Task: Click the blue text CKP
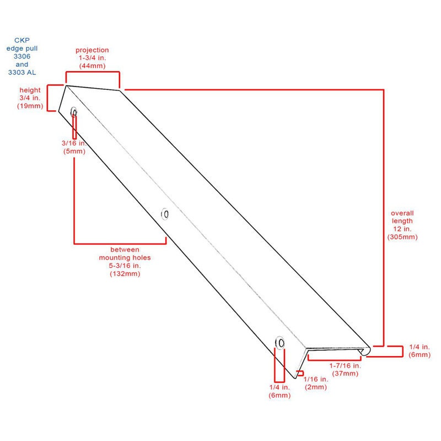tap(22, 40)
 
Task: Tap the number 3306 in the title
tap(22, 56)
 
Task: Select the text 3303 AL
tap(22, 72)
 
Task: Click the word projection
tap(92, 50)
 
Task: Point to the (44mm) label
tap(92, 66)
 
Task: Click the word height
tap(30, 90)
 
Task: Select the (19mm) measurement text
tap(30, 106)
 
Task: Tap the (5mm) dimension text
tap(74, 151)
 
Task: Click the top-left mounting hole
tap(74, 112)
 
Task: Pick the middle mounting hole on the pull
tap(165, 214)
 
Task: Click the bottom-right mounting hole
tap(280, 343)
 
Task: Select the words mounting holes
tap(125, 257)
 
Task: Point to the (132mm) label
tap(125, 273)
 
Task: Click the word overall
tap(402, 213)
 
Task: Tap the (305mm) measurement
tap(402, 237)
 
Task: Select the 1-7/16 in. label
tap(345, 365)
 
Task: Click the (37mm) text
tap(345, 374)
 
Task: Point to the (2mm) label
tap(316, 387)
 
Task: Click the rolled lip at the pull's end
tap(365, 351)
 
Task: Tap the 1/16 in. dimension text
tap(316, 379)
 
